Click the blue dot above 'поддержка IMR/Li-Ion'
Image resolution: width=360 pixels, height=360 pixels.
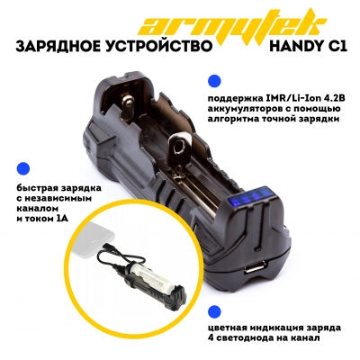214,81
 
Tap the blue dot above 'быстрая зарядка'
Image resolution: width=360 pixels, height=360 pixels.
23,168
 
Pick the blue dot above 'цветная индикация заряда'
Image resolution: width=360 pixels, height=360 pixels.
214,311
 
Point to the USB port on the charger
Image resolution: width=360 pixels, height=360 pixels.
253,266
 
